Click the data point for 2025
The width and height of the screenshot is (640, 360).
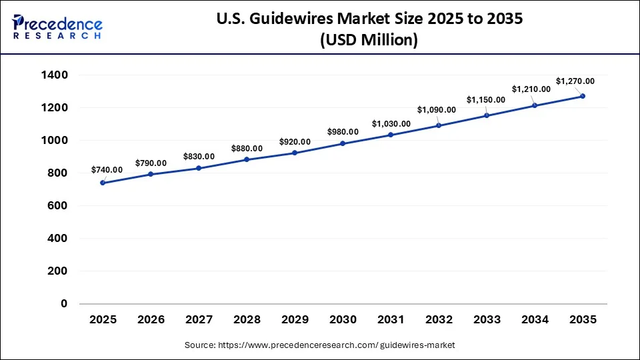click(x=103, y=183)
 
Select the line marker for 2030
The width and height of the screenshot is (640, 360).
click(x=343, y=143)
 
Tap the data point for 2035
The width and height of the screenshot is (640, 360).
click(x=583, y=96)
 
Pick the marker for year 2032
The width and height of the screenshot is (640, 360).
click(x=439, y=125)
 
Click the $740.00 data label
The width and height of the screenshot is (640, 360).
click(x=107, y=171)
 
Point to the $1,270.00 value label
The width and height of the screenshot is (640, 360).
click(x=575, y=81)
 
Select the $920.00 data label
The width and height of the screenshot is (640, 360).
click(x=295, y=142)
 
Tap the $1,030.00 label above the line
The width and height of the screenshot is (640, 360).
click(x=391, y=124)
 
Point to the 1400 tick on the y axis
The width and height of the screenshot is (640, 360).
click(x=55, y=75)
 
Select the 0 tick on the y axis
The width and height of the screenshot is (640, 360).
click(x=65, y=304)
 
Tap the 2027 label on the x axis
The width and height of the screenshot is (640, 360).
click(x=199, y=320)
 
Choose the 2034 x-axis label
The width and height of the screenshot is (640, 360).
click(x=535, y=320)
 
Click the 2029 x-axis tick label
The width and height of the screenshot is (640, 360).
click(x=295, y=320)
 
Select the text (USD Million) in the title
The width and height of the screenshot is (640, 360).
click(x=369, y=41)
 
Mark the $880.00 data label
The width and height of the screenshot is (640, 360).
click(x=247, y=148)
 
